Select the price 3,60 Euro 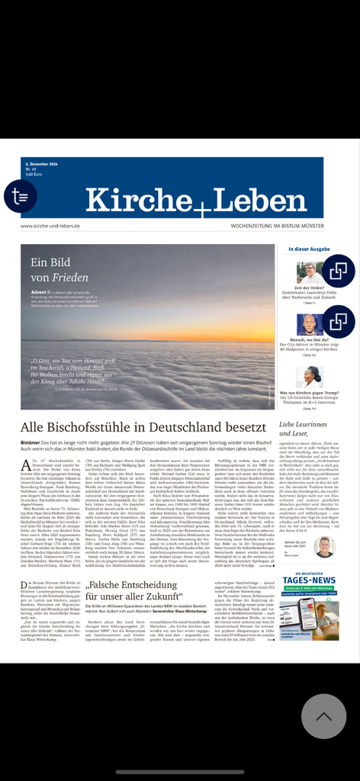click(33, 175)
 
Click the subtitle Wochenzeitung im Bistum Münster click(277, 226)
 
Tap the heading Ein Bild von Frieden click(59, 270)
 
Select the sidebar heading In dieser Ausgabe click(309, 249)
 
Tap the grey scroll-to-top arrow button click(323, 715)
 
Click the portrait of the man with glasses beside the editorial click(324, 546)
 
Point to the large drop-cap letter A click(26, 466)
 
